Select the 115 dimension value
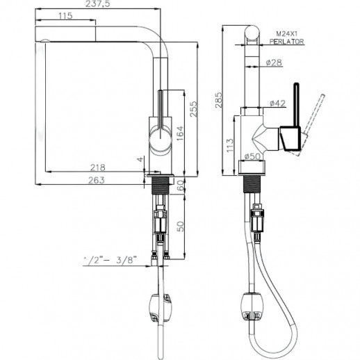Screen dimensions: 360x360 coord(65,16)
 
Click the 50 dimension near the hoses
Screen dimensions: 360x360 coord(179,227)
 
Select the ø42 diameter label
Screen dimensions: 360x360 coord(277,103)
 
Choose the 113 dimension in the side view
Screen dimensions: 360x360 coord(231,142)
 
